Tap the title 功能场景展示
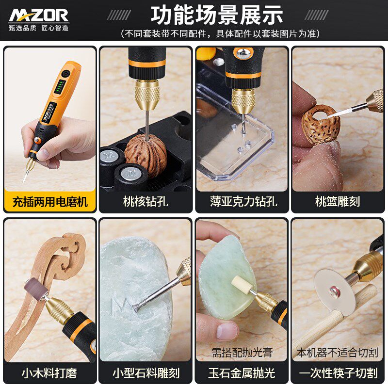coord(217,15)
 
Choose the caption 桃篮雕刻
coord(338,201)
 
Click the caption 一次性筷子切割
coord(338,373)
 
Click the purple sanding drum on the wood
coord(36,289)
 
